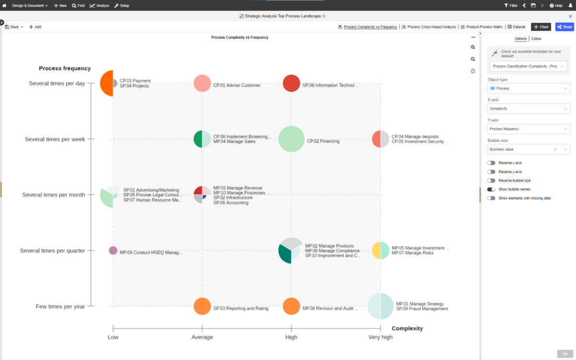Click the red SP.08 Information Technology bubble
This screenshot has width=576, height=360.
click(291, 84)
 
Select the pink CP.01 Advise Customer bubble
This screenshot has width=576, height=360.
click(202, 84)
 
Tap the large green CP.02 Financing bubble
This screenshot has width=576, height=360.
click(291, 139)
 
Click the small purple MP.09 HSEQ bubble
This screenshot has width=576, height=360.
click(113, 251)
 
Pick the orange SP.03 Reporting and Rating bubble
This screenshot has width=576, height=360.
click(202, 306)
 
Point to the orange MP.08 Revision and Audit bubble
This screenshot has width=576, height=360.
click(291, 306)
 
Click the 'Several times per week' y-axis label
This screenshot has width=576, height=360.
click(55, 139)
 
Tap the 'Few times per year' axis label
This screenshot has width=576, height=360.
click(60, 307)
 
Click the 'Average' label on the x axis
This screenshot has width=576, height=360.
click(202, 337)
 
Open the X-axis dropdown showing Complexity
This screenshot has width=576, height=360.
click(528, 108)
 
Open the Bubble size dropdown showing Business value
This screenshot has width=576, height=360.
click(528, 149)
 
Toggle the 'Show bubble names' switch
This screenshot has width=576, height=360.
click(491, 189)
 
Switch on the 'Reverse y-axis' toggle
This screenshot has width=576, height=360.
click(491, 172)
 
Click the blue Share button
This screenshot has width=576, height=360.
click(564, 27)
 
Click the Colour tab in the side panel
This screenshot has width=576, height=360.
click(537, 38)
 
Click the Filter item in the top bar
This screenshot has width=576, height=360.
click(511, 5)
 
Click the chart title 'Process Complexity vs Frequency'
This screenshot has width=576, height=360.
click(240, 37)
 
